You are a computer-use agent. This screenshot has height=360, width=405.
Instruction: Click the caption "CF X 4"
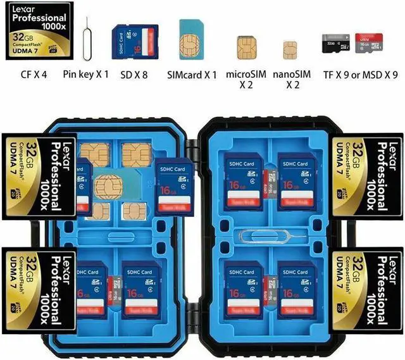coord(34,75)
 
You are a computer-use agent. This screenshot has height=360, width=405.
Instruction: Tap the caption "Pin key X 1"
coord(86,75)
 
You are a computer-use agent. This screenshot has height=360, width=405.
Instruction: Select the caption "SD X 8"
coord(135,75)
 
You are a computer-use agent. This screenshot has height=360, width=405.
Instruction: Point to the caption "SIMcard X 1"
coord(192,75)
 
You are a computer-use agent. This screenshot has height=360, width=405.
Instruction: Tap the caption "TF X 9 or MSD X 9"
coord(360,75)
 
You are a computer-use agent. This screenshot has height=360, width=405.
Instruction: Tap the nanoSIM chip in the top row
coord(290,48)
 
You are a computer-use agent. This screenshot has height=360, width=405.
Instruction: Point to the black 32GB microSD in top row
coord(333,45)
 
